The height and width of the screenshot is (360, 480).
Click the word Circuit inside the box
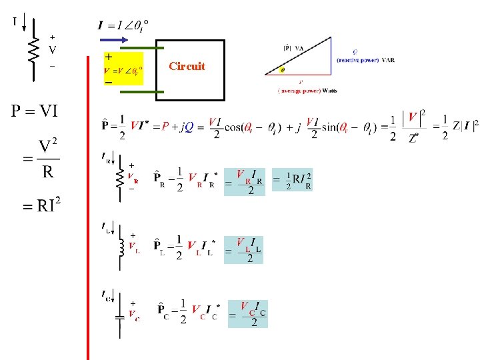coord(187,67)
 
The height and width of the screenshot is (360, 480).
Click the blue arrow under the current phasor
coord(113,40)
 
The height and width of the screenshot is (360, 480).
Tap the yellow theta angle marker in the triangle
coord(281,69)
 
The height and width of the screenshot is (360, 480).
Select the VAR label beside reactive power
coord(388,60)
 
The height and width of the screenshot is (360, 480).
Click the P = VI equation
coord(33,111)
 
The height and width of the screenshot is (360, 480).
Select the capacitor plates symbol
coord(120,317)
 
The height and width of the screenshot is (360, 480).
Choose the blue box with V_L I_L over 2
coord(244,249)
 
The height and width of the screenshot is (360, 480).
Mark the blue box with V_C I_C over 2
coord(248,313)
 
